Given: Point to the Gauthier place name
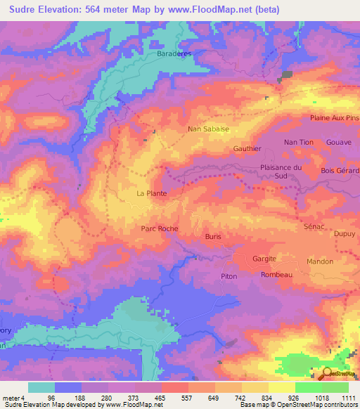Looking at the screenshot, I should tap(247, 149).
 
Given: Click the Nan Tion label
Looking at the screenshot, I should tap(298, 143).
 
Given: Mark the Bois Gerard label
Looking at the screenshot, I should tap(339, 171).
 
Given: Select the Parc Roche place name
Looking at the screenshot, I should tap(160, 228).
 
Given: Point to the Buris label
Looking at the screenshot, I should tap(213, 237).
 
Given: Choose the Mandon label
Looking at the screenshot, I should tap(320, 261).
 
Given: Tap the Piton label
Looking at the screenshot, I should tap(229, 277).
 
